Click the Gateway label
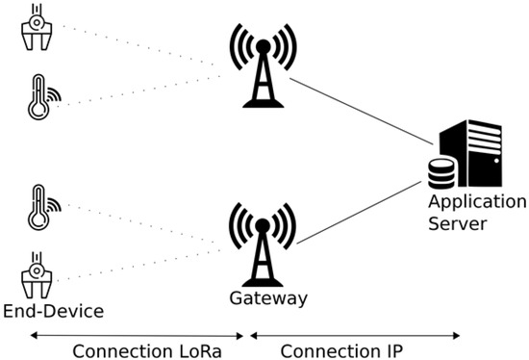point(267,298)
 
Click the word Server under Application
point(460,223)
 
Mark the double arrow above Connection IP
point(355,335)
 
